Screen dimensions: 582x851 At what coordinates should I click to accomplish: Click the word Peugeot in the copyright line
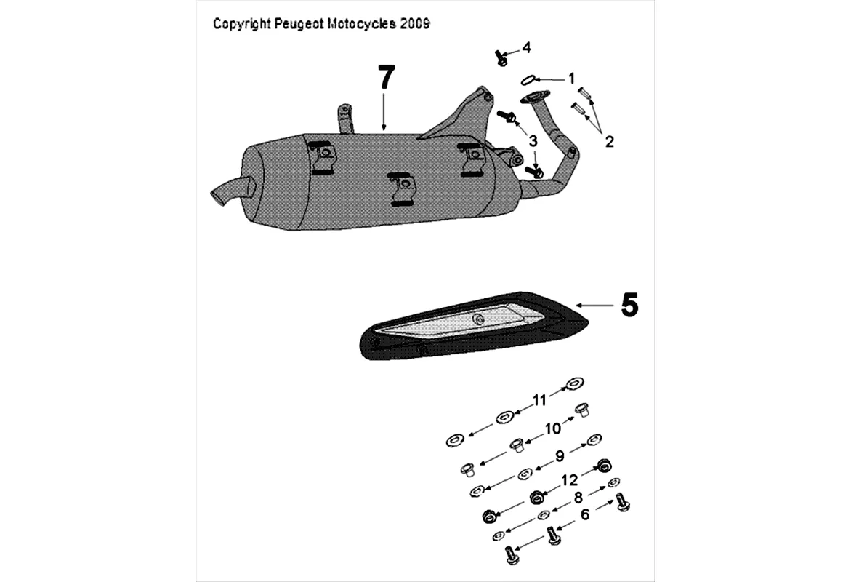(299, 24)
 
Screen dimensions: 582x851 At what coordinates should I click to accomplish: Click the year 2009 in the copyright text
(416, 24)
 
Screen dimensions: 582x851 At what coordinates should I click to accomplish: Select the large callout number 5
(629, 306)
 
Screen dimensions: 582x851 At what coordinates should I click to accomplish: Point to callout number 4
(525, 48)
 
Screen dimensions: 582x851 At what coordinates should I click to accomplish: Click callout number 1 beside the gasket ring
(571, 77)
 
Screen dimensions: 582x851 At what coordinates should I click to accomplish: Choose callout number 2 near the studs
(609, 141)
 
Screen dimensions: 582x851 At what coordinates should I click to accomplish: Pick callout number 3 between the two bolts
(533, 140)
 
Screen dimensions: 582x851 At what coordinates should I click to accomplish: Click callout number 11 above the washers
(539, 399)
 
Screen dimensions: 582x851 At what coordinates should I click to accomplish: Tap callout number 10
(553, 429)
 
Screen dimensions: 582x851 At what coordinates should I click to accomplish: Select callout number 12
(569, 480)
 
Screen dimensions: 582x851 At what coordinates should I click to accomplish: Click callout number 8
(578, 498)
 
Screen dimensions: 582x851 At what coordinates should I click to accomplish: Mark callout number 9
(559, 456)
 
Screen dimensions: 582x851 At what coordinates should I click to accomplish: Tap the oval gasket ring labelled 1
(531, 79)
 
